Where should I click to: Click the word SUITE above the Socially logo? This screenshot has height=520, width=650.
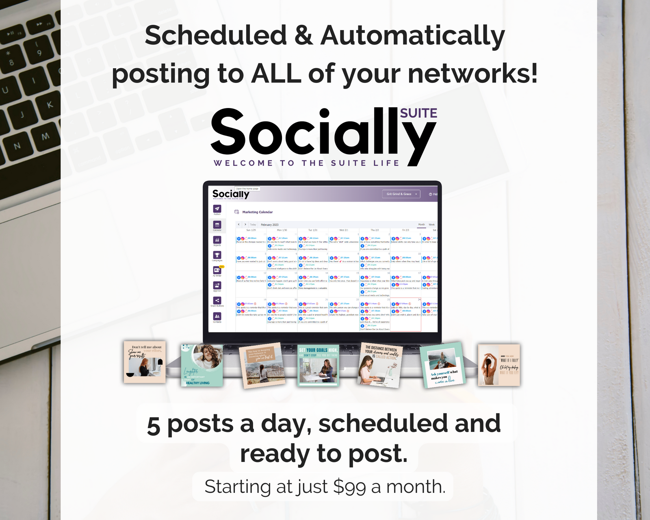point(418,113)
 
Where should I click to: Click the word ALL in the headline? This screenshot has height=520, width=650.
point(276,74)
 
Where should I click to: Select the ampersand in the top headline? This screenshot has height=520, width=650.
point(303,35)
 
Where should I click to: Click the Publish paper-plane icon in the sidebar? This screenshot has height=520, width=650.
point(217,209)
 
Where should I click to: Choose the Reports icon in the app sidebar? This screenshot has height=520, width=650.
point(217,240)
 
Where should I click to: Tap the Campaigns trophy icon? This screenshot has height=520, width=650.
point(217,255)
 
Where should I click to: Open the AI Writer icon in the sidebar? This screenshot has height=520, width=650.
point(217,270)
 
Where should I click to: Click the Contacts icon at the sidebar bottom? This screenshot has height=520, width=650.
point(217,316)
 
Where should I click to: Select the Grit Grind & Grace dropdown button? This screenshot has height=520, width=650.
point(401,194)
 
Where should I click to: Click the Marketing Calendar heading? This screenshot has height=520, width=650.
point(257,212)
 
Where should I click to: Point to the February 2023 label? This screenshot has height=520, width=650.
point(269,225)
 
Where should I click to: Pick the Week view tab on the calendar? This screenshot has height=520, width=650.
point(431,224)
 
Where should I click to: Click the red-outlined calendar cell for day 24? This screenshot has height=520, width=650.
point(405,315)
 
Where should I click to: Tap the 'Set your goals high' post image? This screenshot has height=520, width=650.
point(318,365)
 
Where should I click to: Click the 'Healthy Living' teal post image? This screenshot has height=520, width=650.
point(202,365)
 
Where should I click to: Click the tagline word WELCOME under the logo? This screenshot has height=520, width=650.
point(243,163)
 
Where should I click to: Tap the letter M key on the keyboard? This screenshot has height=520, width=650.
point(45,136)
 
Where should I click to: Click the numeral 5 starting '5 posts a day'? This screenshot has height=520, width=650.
point(153,426)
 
